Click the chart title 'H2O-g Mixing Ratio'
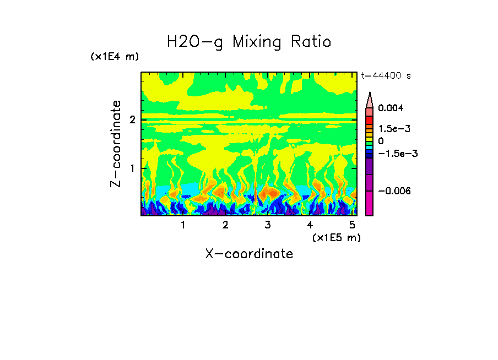coord(249,41)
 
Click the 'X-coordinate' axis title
coord(249,254)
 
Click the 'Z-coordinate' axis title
coord(116,144)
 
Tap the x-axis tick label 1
coord(183,225)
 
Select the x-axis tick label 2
coord(225,225)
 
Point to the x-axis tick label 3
coord(267,225)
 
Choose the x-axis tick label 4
coord(310,225)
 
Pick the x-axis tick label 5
coord(351,225)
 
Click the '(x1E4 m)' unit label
coord(115,57)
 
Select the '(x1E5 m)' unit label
coord(336,237)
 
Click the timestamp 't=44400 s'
coord(386,75)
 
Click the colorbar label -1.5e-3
coord(394,153)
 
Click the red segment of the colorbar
coord(370,119)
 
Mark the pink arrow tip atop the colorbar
coord(370,100)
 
